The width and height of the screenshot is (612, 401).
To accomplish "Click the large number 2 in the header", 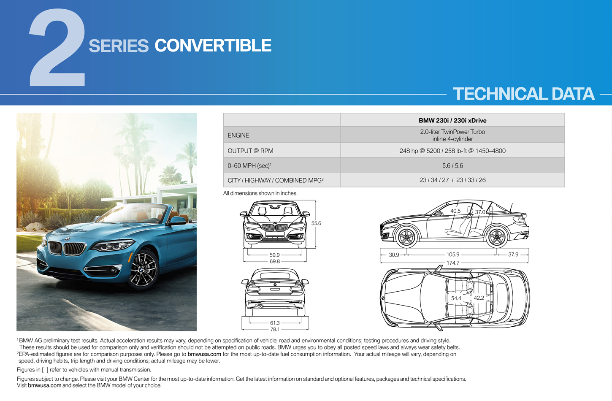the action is click(57, 48).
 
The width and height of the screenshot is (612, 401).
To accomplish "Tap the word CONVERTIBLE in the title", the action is click(213, 45).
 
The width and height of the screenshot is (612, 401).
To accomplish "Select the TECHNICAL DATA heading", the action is click(523, 94).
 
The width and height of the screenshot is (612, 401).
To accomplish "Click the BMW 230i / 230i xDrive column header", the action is click(452, 120).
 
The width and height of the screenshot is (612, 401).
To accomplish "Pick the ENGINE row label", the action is click(238, 135).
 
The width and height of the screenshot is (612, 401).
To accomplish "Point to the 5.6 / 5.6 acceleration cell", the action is click(452, 165).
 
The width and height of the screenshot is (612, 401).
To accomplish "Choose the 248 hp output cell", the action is click(452, 151).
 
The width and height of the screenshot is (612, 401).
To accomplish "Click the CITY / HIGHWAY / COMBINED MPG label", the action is click(275, 180).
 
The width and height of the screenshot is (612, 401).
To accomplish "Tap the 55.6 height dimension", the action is click(316, 223).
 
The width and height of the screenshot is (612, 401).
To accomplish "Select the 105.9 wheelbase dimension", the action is click(453, 254).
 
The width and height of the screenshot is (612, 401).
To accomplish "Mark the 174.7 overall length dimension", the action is click(453, 263).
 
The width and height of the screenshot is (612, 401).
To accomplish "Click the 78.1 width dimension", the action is click(275, 329).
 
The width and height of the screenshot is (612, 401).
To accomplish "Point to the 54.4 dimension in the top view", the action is click(456, 298).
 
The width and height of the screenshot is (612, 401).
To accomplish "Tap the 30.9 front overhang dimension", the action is click(394, 255).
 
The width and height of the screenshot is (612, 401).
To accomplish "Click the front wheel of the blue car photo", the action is click(142, 270).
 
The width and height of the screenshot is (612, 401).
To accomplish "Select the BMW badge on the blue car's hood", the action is click(67, 239).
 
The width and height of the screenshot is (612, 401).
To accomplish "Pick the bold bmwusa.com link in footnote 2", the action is click(204, 354).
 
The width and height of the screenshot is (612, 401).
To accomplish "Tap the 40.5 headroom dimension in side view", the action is click(455, 211).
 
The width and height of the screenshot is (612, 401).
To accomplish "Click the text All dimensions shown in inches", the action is click(260, 193).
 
